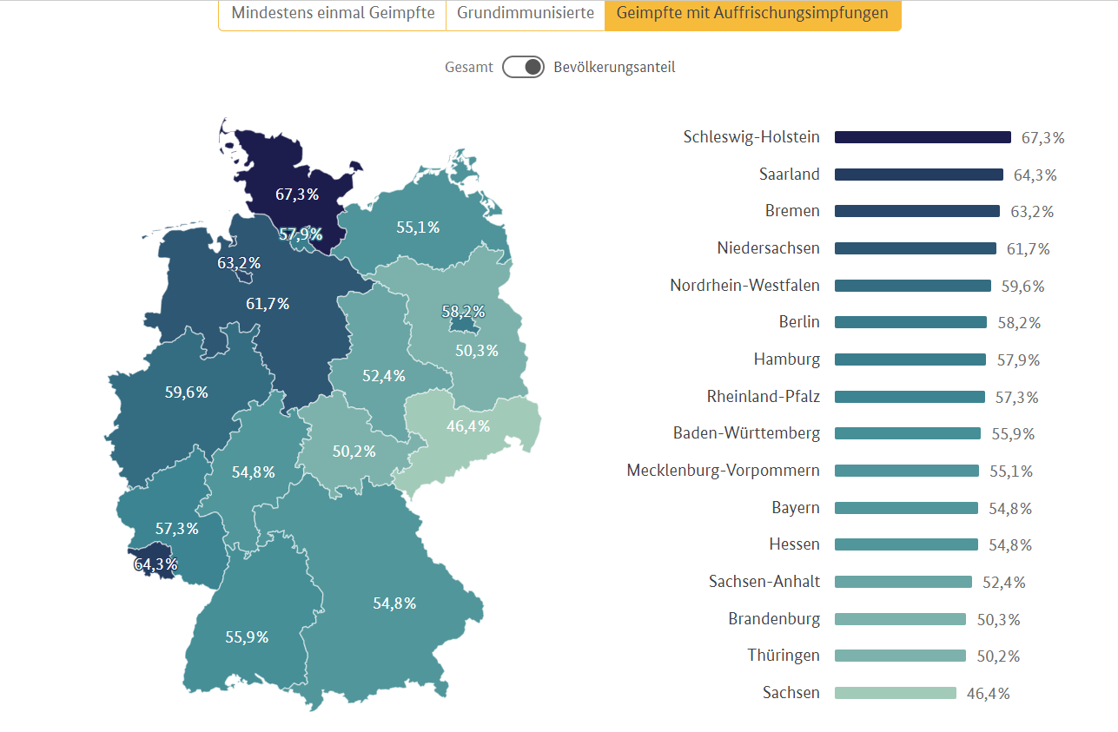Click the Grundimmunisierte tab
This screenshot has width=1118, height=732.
coord(526,14)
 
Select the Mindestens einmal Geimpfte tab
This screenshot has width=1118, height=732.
coord(333,14)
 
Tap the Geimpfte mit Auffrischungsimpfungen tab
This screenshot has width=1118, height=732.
coord(752,14)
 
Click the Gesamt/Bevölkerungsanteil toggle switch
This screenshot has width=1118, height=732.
coord(523,67)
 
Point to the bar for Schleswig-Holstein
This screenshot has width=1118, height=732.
coord(923,137)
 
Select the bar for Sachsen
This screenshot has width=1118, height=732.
coord(895,693)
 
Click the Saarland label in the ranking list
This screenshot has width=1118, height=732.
coord(789,175)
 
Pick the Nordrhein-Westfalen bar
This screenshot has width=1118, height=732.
coord(912,286)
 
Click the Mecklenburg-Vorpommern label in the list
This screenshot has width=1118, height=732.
coord(723,471)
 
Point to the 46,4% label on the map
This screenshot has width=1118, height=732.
coord(468,426)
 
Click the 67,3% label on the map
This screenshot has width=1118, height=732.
coord(297,195)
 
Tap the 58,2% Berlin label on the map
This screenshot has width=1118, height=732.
coord(463,312)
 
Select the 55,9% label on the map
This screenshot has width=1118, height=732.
coord(247,637)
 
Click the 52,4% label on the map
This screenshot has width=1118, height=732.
coord(384,376)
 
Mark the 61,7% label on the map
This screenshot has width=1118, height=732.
coord(268,304)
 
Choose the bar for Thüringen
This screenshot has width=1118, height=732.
coord(900,656)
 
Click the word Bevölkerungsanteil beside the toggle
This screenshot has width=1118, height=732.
coord(614,67)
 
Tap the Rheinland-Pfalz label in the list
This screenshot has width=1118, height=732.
coord(763,397)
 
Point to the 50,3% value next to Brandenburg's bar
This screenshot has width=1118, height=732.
coord(998,620)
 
